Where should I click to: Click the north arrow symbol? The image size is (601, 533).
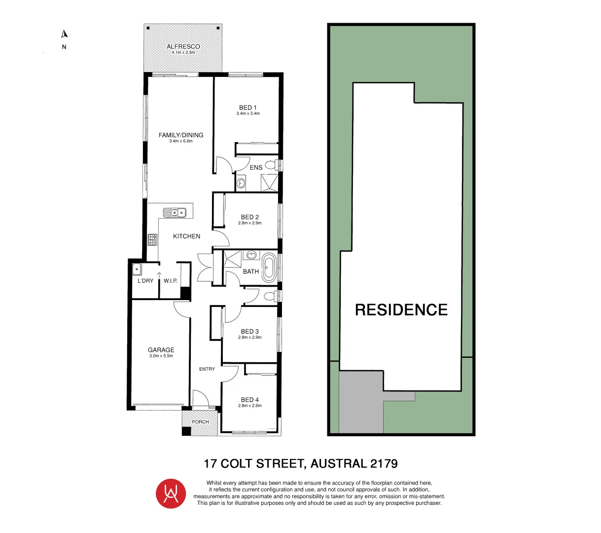point(64,34)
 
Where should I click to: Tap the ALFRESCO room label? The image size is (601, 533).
point(183,46)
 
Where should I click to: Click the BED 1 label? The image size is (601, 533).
point(248,108)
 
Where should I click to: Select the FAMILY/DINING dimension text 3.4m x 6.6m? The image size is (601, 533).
point(181,141)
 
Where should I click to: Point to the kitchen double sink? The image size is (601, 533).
point(175,213)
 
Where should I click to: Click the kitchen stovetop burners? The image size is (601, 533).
point(153,240)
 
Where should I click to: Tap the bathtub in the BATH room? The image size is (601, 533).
point(269,267)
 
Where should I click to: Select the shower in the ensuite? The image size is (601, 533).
point(269,182)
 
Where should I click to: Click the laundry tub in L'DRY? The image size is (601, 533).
point(137,269)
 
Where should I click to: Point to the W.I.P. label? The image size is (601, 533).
point(171,281)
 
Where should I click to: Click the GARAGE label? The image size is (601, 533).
point(161,350)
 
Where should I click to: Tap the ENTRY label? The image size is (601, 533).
point(207,369)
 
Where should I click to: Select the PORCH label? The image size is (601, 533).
point(201,422)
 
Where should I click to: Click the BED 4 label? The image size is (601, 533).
point(250,400)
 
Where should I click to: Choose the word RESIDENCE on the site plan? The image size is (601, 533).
point(401,310)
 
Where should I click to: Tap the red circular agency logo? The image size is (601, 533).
point(171,494)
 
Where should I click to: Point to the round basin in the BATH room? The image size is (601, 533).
point(252,255)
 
